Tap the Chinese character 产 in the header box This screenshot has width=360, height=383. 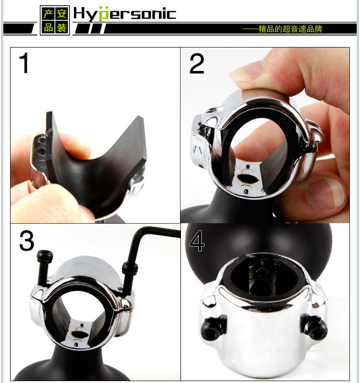click(x=48, y=13)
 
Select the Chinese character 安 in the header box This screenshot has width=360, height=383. click(x=61, y=13)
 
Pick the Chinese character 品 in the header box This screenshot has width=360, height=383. click(x=48, y=27)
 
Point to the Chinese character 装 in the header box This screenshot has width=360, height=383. click(x=61, y=27)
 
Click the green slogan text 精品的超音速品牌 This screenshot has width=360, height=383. click(x=290, y=29)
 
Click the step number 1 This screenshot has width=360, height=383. click(x=24, y=63)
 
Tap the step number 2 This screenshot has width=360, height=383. click(x=197, y=64)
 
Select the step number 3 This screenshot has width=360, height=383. click(x=26, y=240)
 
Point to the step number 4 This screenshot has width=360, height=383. click(x=197, y=241)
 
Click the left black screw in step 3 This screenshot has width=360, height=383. click(x=44, y=267)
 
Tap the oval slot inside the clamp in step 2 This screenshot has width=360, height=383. click(x=248, y=179)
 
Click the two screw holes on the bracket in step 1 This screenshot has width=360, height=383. click(x=42, y=145)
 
